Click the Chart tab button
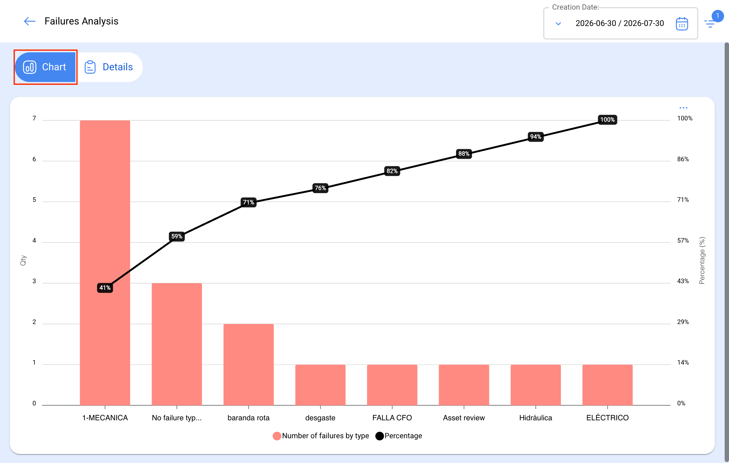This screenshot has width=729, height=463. click(45, 67)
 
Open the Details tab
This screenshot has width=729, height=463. click(109, 67)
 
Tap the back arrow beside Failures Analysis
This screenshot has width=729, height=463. click(30, 21)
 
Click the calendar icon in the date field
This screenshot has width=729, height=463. click(682, 24)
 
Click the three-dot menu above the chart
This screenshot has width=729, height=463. click(683, 108)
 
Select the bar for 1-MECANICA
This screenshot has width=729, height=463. click(105, 263)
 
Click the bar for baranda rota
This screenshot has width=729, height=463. click(249, 365)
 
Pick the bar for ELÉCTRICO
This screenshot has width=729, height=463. click(607, 385)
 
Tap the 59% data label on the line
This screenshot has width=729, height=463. click(177, 236)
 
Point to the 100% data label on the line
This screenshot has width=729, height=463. click(607, 120)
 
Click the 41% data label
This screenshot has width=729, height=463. click(105, 288)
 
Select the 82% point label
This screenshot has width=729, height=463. click(392, 171)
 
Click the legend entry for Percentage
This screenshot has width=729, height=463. click(399, 436)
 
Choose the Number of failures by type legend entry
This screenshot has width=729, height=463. click(321, 436)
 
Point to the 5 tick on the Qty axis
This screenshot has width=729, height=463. click(34, 200)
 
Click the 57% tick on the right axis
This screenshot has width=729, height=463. click(683, 240)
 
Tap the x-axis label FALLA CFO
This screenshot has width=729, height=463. click(392, 418)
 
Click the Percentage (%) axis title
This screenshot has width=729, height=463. click(702, 261)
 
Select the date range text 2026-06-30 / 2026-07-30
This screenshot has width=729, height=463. click(620, 23)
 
